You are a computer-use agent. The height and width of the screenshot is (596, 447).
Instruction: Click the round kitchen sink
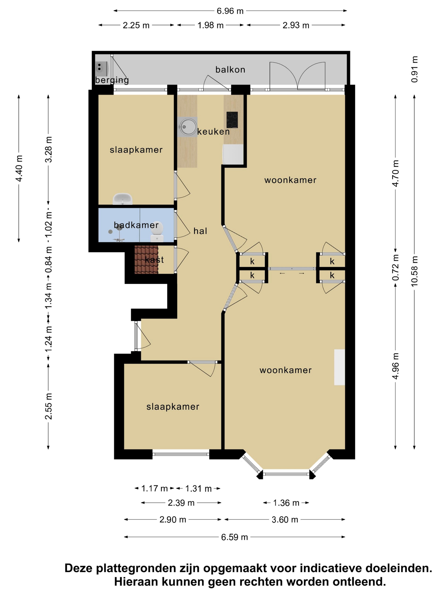click(x=187, y=127)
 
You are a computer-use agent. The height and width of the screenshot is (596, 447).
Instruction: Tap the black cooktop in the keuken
click(x=232, y=120)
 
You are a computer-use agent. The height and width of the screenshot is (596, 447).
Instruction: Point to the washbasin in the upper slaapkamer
click(x=123, y=199)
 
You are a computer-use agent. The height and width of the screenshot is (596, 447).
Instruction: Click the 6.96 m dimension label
click(x=230, y=11)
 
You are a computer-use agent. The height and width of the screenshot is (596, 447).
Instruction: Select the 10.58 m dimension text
click(x=414, y=271)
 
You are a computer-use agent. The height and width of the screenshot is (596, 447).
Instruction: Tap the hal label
click(x=200, y=231)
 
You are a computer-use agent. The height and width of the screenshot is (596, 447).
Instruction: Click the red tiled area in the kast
click(x=146, y=260)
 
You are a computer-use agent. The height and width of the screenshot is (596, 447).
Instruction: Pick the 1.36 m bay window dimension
click(x=286, y=503)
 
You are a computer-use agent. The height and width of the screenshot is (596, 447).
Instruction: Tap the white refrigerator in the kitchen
click(x=233, y=154)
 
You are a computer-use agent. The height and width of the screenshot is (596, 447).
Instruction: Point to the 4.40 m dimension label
click(x=19, y=168)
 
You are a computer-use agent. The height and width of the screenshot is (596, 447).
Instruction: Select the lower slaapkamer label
click(x=173, y=406)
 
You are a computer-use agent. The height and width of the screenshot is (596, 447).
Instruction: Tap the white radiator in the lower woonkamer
click(x=339, y=367)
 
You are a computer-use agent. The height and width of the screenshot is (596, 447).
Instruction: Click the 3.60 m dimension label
click(x=285, y=519)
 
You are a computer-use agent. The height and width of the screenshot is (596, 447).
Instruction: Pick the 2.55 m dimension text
click(x=48, y=406)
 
